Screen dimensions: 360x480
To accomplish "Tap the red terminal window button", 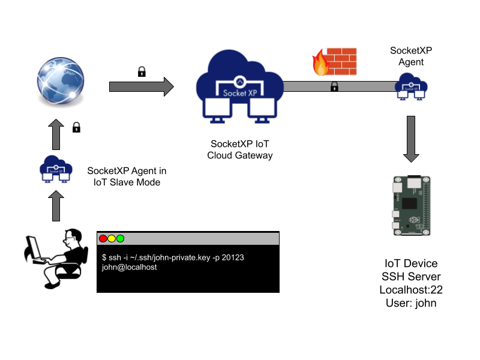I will click(103, 239).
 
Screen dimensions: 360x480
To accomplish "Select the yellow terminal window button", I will click(112, 239).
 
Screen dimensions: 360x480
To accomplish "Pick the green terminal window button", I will click(120, 239).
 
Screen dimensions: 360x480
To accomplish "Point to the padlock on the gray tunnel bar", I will click(334, 86).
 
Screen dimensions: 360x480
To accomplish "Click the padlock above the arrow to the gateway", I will click(142, 72).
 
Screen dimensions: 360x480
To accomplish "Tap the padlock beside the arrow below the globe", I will click(76, 127).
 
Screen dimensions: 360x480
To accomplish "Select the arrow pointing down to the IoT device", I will click(411, 139).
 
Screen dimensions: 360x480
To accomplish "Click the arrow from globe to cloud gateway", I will click(141, 87).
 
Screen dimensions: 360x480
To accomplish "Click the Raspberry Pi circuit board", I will click(410, 206).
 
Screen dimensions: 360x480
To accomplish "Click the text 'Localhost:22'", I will click(411, 290).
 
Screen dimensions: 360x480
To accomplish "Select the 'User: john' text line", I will click(411, 303).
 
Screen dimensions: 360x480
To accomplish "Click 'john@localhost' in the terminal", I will click(130, 267).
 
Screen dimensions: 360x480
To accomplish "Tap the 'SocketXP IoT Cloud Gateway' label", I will click(240, 150).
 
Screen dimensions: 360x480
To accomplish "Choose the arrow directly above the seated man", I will click(56, 206).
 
